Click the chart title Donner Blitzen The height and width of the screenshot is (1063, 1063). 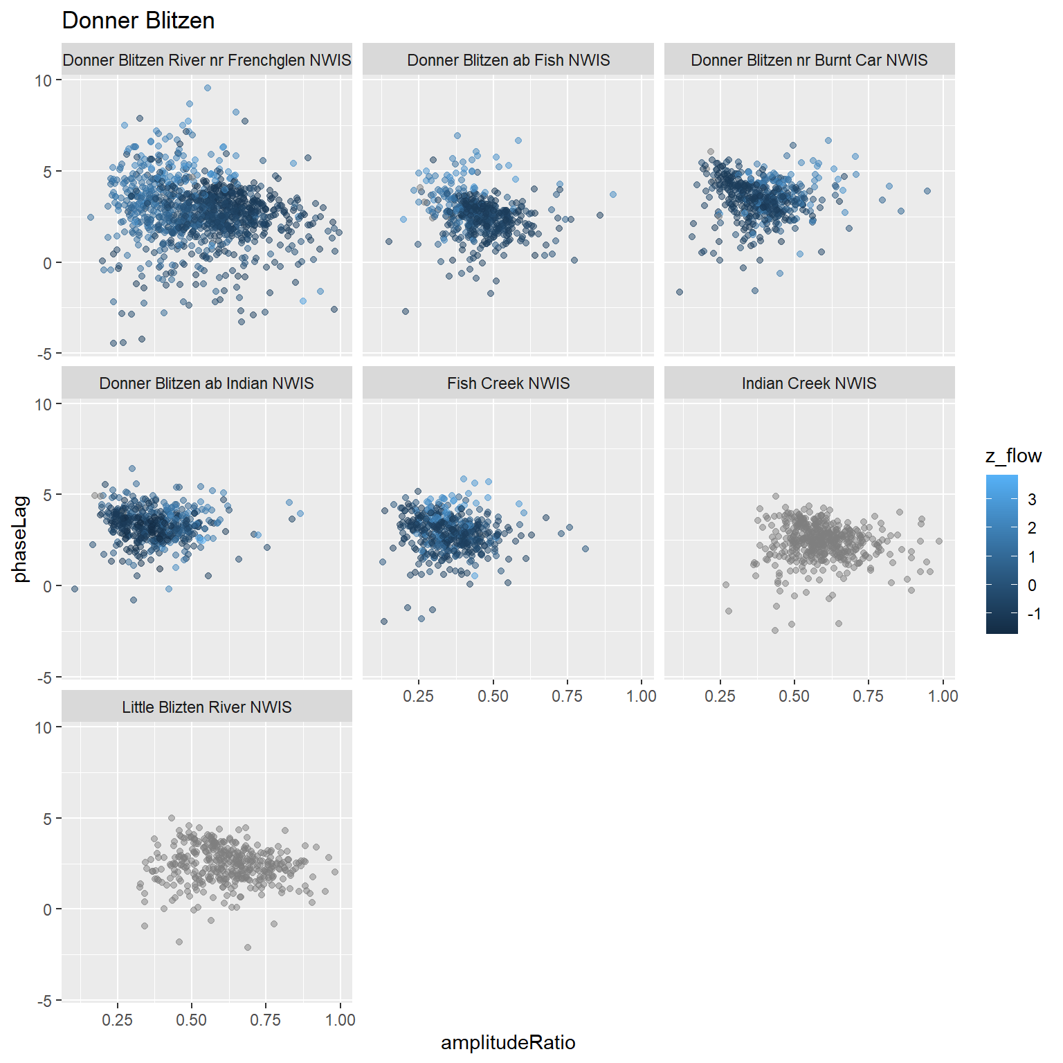point(138,21)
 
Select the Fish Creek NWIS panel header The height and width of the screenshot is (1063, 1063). point(508,383)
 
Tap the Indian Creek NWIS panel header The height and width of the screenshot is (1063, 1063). point(809,383)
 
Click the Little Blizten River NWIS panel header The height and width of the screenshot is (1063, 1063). point(207,707)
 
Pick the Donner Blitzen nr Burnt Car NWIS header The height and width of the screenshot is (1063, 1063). point(809,60)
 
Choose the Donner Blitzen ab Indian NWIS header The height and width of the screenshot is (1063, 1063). point(207,383)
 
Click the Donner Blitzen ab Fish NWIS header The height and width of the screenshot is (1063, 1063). point(508,60)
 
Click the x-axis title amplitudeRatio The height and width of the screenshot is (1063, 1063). point(508,1042)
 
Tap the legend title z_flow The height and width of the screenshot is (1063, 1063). point(1013,455)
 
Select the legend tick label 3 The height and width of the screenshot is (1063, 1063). point(1032,500)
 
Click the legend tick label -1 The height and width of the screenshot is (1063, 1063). point(1034,614)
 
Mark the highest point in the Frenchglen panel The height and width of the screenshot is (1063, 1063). point(208,88)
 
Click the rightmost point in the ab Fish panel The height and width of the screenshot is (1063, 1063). point(612,194)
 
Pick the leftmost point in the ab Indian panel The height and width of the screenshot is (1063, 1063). point(75,589)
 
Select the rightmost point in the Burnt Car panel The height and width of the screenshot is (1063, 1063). point(927,191)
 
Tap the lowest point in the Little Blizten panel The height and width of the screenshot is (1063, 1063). point(248,947)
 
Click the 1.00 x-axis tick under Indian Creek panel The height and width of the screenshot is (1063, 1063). point(943,696)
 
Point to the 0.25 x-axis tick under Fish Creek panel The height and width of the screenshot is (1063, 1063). point(418,696)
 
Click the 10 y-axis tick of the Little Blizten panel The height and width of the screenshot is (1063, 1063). point(43,727)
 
